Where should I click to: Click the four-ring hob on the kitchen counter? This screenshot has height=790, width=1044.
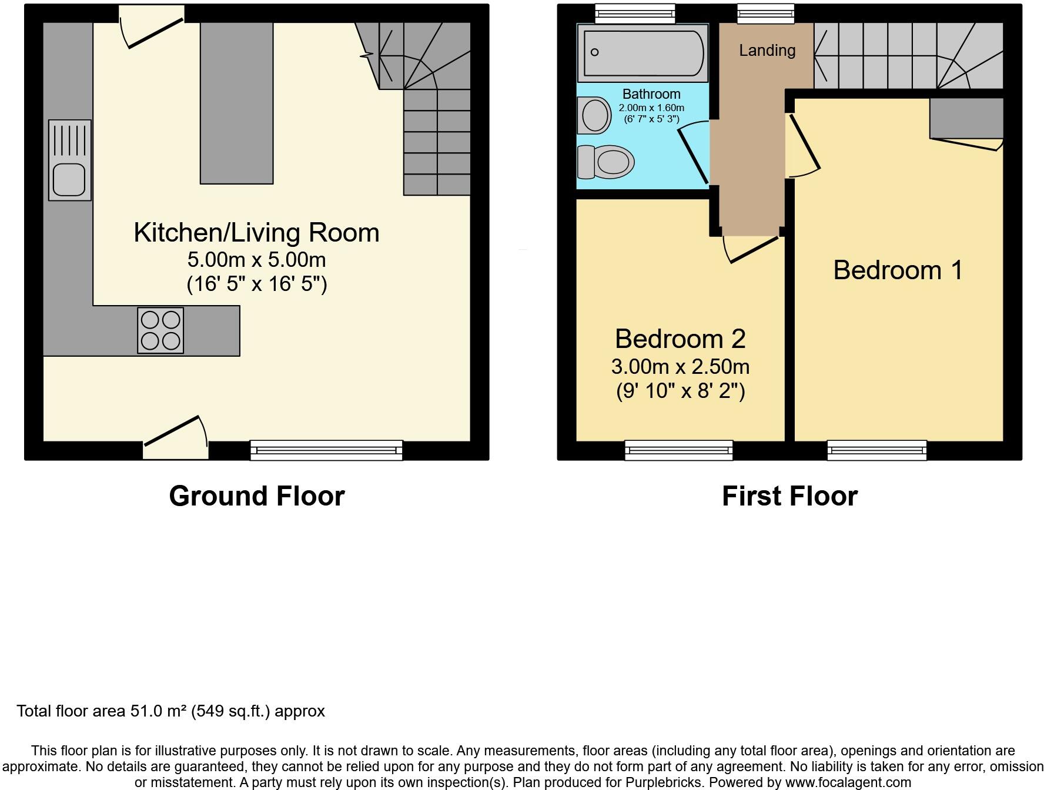tap(160, 330)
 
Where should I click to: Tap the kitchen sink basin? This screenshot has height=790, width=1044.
tap(69, 179)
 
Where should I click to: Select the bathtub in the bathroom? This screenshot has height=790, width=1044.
tap(643, 53)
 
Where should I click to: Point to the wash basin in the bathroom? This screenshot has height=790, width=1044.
tap(594, 115)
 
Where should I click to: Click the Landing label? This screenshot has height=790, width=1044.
tap(767, 51)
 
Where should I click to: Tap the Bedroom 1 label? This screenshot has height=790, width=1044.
tap(898, 270)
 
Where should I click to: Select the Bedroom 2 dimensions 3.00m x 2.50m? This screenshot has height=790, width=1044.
tap(680, 367)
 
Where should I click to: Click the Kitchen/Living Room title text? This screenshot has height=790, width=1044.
tap(256, 233)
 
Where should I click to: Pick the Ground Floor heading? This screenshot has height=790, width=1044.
tap(256, 496)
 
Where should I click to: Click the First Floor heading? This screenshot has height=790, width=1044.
tap(789, 496)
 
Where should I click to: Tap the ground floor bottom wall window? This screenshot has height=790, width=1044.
tap(326, 450)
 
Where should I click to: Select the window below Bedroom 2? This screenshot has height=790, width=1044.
tap(678, 450)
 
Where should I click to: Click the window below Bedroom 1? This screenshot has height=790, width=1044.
tap(876, 450)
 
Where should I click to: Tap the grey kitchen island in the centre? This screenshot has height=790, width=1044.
tap(236, 103)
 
